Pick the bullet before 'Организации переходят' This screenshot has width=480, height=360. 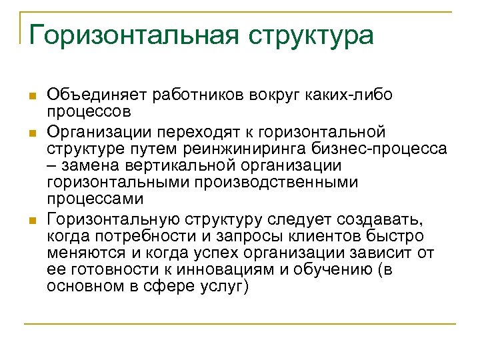[31, 132]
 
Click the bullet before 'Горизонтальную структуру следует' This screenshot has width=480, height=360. [31, 221]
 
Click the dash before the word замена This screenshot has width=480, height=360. [51, 165]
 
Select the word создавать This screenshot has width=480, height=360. [387, 219]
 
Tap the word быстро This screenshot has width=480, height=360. [401, 237]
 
